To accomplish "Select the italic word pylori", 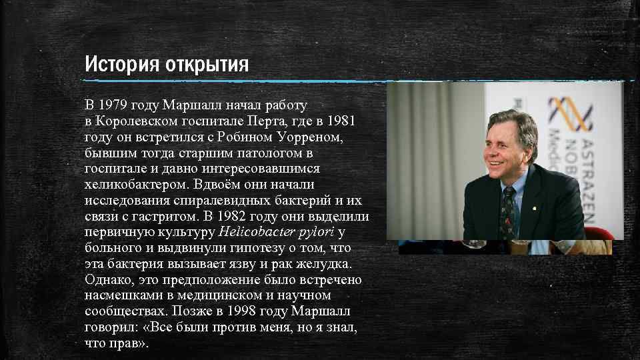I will point(318,232).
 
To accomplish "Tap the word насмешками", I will point(123,295).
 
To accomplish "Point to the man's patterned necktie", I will point(509,209).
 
